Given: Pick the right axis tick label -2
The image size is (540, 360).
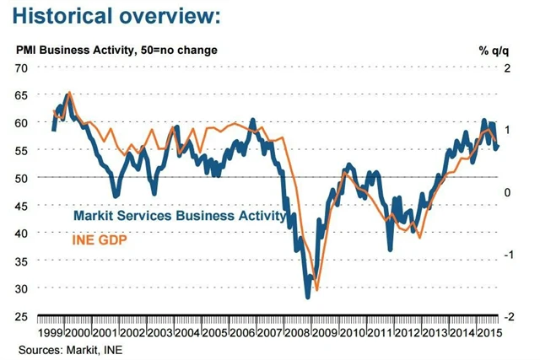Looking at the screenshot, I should tap(509, 317).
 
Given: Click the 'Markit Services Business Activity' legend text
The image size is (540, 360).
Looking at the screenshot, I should tap(179, 217).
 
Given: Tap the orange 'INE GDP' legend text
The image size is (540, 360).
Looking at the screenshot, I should tap(100, 239).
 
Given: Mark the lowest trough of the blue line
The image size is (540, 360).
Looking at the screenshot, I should tap(308, 296).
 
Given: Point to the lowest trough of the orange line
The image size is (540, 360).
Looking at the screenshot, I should tap(316, 289).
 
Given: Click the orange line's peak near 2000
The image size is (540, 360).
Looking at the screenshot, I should tap(69, 92).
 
